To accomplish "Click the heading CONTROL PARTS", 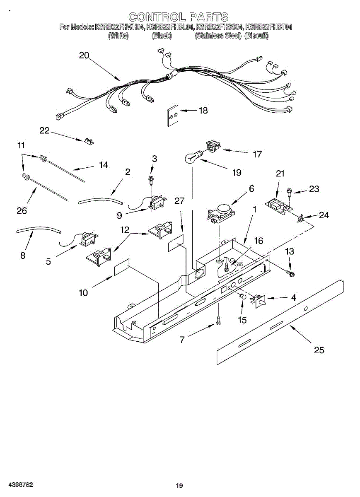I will (x=178, y=17).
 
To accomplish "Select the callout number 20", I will (x=84, y=55).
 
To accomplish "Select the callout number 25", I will (x=319, y=350).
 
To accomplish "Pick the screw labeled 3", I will (x=151, y=179).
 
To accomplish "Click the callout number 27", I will (x=179, y=201).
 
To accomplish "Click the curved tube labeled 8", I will (x=38, y=229).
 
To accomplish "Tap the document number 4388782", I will (x=17, y=485).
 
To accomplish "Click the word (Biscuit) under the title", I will (x=256, y=36).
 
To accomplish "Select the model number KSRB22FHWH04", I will (x=120, y=27).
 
